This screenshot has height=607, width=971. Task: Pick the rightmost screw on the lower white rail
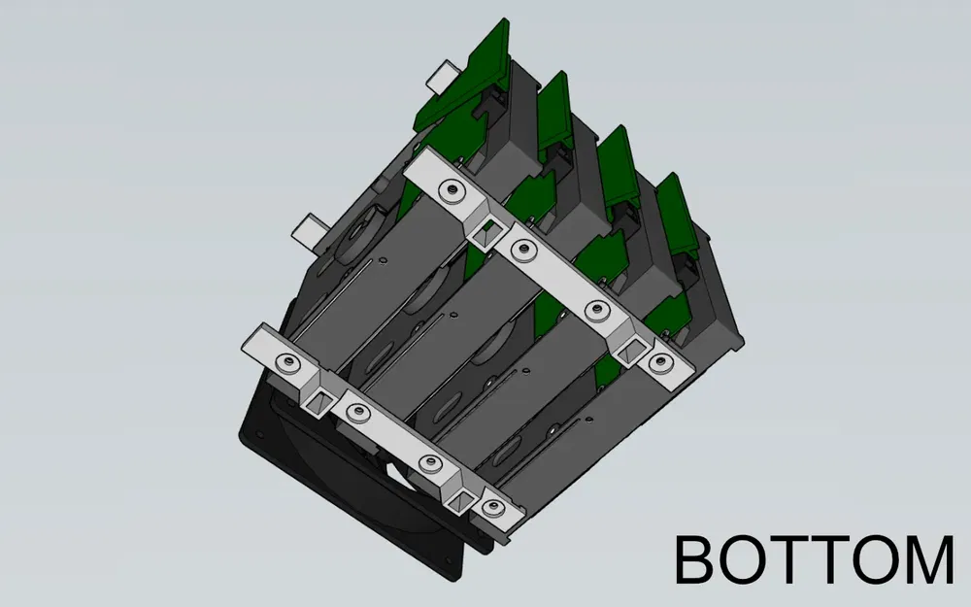coord(491,507)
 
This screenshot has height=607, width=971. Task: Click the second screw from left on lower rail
coord(357,414)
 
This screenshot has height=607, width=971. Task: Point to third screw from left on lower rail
coord(427,462)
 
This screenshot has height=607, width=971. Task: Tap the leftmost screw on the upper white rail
coord(450,189)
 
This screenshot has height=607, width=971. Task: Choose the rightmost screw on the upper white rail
coord(660,362)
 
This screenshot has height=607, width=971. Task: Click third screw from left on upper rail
coord(594,309)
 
